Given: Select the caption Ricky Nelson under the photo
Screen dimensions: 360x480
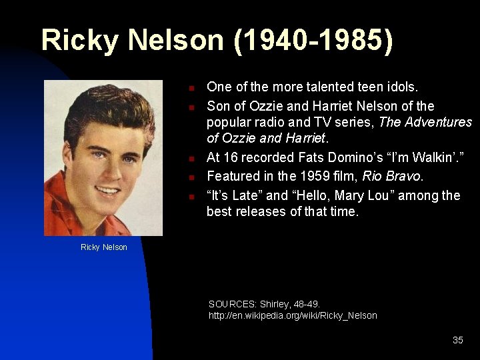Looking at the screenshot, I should [103, 247].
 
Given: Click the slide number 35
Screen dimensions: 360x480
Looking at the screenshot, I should [457, 340].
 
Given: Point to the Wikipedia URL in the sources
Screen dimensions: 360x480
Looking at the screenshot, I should [293, 315].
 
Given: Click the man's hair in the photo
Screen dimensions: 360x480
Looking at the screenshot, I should [100, 107].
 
